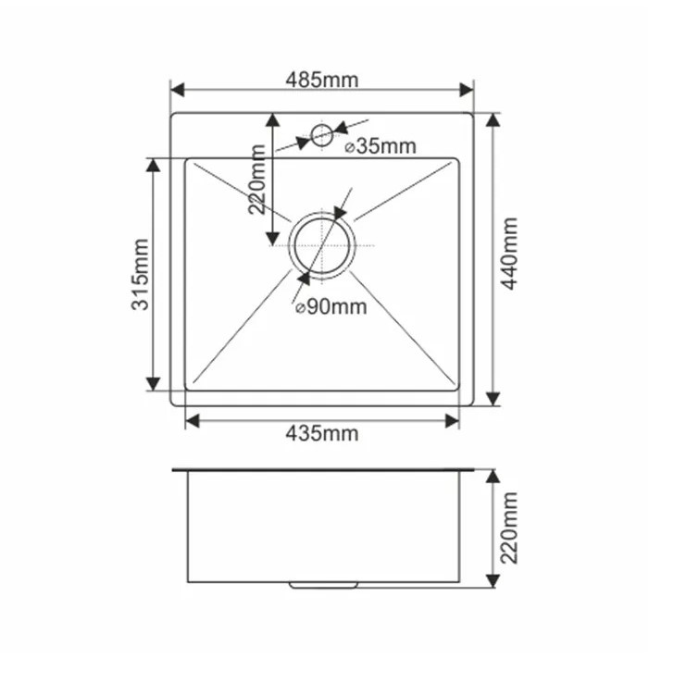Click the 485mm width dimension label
pyautogui.click(x=321, y=80)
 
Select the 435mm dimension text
pyautogui.click(x=321, y=433)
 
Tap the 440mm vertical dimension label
pyautogui.click(x=507, y=254)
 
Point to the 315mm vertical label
pyautogui.click(x=140, y=274)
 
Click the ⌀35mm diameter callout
pyautogui.click(x=380, y=146)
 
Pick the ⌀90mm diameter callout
pyautogui.click(x=331, y=307)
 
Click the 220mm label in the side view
pyautogui.click(x=507, y=528)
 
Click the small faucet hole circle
pyautogui.click(x=321, y=135)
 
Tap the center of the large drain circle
pyautogui.click(x=321, y=245)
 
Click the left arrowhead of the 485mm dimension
pyautogui.click(x=177, y=90)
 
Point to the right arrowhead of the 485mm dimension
pyautogui.click(x=468, y=90)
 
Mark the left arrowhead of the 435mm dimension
pyautogui.click(x=193, y=421)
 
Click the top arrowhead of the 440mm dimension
pyautogui.click(x=492, y=120)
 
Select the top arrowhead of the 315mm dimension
pyautogui.click(x=154, y=164)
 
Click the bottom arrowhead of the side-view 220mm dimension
pyautogui.click(x=492, y=580)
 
